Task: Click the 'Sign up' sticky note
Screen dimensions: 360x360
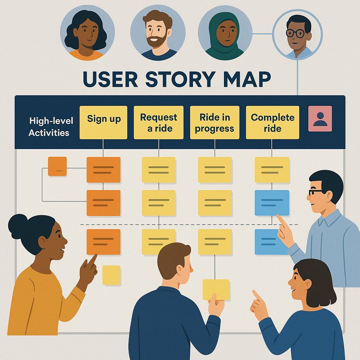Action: click(x=103, y=122)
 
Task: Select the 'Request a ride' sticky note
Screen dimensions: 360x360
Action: click(x=159, y=122)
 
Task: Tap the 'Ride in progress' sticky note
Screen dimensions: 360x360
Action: click(x=214, y=122)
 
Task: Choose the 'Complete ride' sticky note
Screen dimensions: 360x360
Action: click(x=272, y=122)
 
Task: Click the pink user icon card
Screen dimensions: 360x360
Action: click(x=320, y=119)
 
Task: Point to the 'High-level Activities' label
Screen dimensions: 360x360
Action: click(x=51, y=127)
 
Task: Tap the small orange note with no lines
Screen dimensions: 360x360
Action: click(x=57, y=166)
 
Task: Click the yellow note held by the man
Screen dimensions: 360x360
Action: click(x=216, y=289)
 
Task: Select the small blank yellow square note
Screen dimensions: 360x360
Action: click(x=111, y=275)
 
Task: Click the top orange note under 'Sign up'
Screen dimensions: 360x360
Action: click(x=103, y=170)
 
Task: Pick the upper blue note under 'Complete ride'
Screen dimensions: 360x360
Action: click(x=272, y=203)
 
